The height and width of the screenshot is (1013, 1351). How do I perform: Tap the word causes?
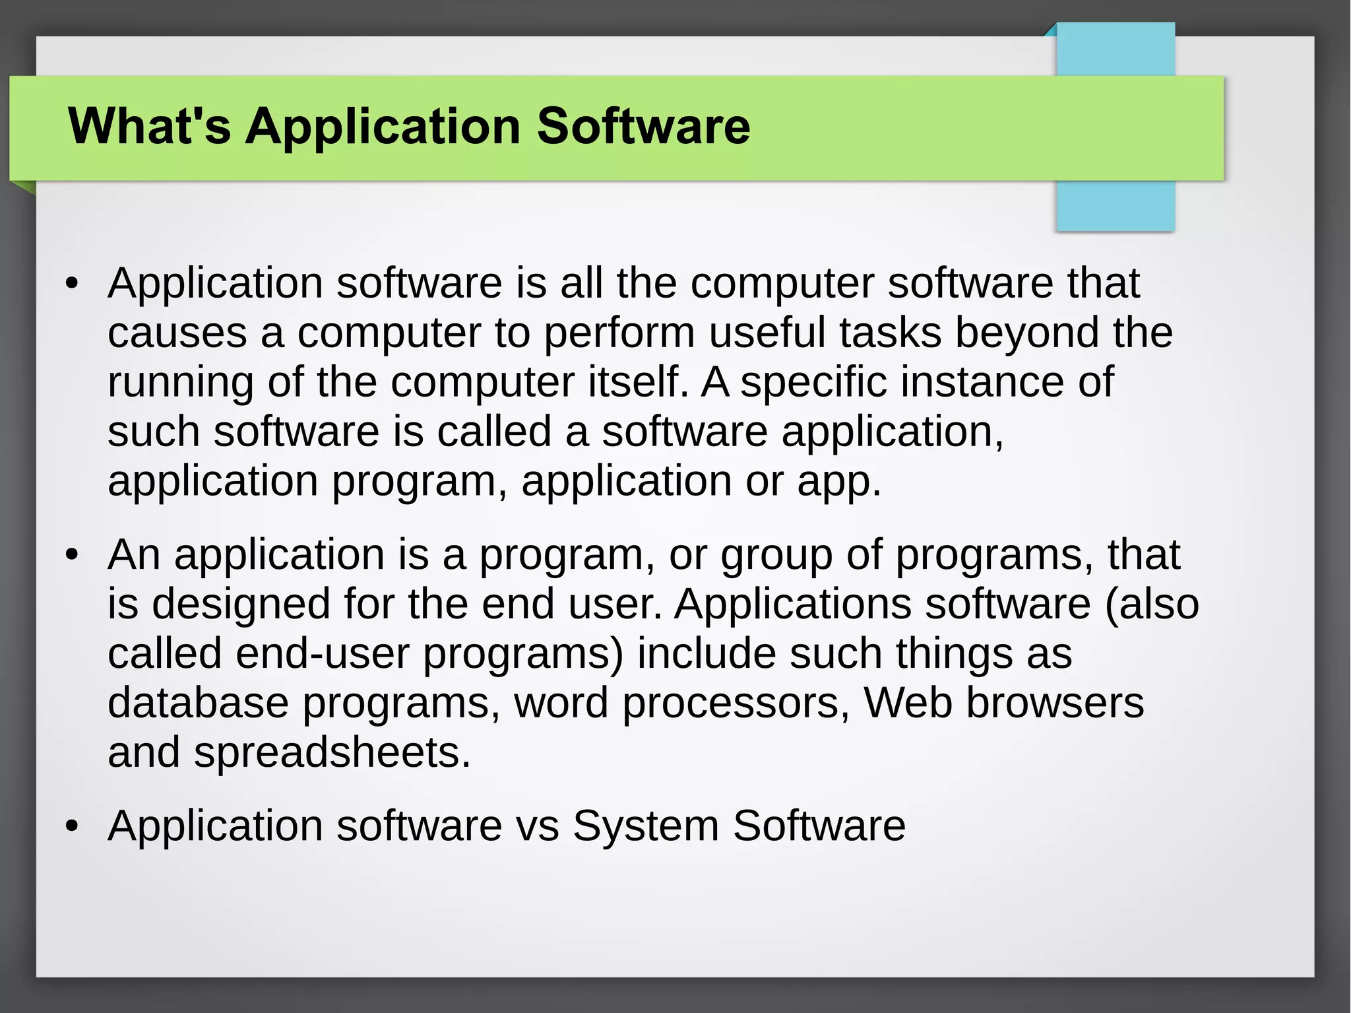(x=177, y=333)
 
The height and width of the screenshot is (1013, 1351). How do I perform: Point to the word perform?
(x=619, y=333)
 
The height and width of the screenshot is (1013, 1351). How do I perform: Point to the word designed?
(x=241, y=604)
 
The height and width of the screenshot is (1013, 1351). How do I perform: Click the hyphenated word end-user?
(x=323, y=653)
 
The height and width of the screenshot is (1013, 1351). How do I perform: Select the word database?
(x=198, y=703)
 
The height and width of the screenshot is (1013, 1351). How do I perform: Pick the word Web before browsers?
(x=908, y=703)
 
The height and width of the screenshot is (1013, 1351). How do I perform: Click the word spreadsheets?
(x=332, y=752)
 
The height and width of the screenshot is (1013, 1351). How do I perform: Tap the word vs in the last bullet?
(x=538, y=826)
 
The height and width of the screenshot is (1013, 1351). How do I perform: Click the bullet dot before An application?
(x=73, y=556)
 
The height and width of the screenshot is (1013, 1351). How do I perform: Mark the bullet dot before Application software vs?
(x=73, y=827)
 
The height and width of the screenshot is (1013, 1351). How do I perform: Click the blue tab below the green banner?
(x=1115, y=205)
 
